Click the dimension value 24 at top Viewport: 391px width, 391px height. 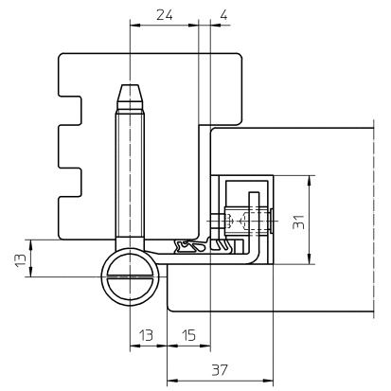click(165, 15)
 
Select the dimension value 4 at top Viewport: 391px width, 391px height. click(223, 15)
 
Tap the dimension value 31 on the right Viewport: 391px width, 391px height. click(298, 222)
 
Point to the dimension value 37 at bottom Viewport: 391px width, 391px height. click(220, 369)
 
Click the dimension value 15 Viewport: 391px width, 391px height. click(189, 335)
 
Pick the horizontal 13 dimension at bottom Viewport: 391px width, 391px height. click(146, 335)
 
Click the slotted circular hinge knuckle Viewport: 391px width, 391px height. click(130, 276)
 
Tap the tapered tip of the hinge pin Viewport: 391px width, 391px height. click(130, 93)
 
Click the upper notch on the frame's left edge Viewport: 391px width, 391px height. click(71, 111)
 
